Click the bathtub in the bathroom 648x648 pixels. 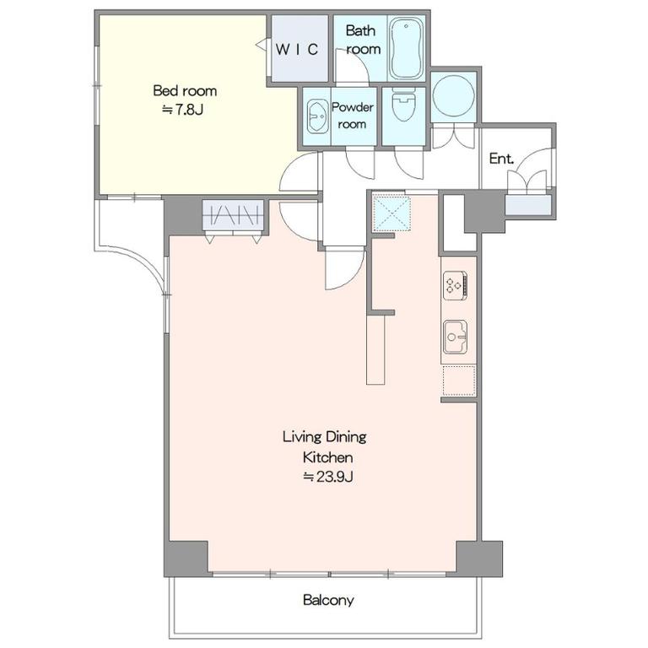click(x=407, y=48)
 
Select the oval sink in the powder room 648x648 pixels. click(x=317, y=116)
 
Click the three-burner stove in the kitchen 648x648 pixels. click(x=455, y=285)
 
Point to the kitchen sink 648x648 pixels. click(x=455, y=337)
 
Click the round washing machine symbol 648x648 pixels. click(x=453, y=95)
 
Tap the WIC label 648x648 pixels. click(x=297, y=50)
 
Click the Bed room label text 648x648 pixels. click(x=185, y=90)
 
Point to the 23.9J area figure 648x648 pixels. click(x=328, y=477)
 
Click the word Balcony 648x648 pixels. click(x=328, y=600)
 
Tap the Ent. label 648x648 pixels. click(x=501, y=159)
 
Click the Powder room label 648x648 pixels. click(x=352, y=116)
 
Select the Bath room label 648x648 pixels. click(x=363, y=40)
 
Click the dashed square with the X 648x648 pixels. click(x=391, y=213)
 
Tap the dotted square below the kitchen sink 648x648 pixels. click(x=459, y=381)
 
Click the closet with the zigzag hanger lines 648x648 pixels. click(x=234, y=215)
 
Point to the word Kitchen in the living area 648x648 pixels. click(x=327, y=457)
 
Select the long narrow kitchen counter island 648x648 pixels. click(x=375, y=350)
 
